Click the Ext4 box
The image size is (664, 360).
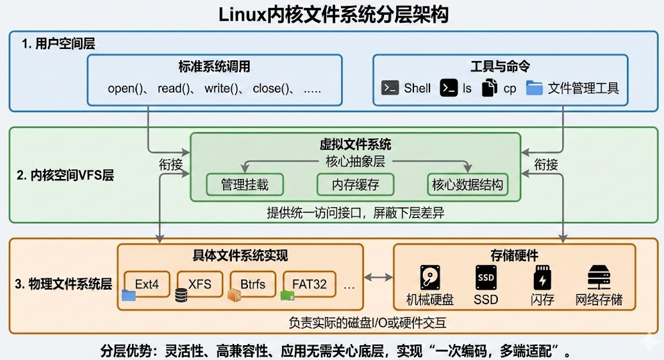[x=147, y=284]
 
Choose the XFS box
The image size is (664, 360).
[x=200, y=284]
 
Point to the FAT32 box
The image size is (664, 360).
[x=309, y=284]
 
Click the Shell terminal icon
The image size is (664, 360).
[x=390, y=88]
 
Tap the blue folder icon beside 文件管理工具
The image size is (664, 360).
[x=534, y=88]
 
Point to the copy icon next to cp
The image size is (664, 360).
[x=490, y=88]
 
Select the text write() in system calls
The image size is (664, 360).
[x=221, y=88]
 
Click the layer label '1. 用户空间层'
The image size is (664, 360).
[x=58, y=44]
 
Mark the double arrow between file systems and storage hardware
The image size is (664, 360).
[x=378, y=277]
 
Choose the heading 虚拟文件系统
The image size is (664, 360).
[x=355, y=144]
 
